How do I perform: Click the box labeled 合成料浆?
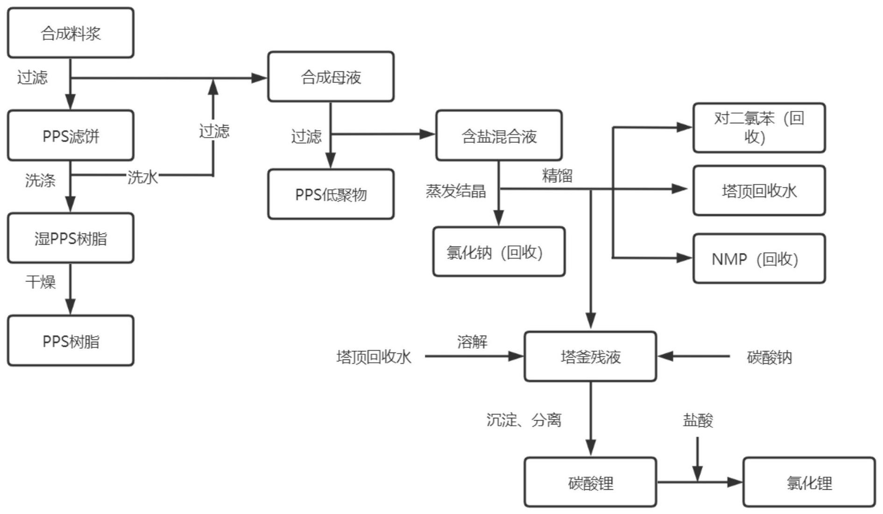(71, 33)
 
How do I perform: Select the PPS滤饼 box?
(71, 136)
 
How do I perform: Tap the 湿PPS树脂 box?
(71, 239)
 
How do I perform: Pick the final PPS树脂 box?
(71, 341)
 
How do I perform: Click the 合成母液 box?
(331, 77)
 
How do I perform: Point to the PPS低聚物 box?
(331, 194)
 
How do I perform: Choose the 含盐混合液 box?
(499, 136)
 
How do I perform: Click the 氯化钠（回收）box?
(499, 252)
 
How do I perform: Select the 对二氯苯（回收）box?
(759, 128)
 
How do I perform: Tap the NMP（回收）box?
(759, 259)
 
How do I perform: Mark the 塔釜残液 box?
(590, 357)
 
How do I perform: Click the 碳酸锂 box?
(590, 482)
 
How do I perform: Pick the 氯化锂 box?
(809, 482)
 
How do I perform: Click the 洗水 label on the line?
(142, 177)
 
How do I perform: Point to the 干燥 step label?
(41, 282)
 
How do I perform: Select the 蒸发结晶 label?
(456, 191)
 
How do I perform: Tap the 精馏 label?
(557, 176)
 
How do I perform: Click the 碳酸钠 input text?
(769, 357)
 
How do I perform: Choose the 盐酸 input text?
(698, 420)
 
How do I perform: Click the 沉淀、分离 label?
(523, 420)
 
